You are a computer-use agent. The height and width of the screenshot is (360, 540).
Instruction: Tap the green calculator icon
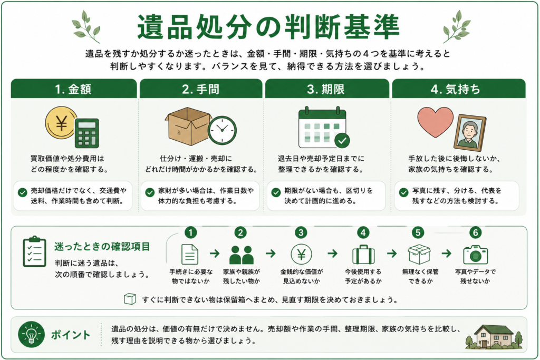click(87, 133)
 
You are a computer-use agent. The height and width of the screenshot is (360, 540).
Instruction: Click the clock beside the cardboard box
click(222, 130)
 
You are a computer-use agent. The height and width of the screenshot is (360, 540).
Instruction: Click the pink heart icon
click(435, 122)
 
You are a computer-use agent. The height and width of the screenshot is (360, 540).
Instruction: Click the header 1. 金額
click(73, 89)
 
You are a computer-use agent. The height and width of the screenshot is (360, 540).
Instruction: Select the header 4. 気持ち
click(455, 89)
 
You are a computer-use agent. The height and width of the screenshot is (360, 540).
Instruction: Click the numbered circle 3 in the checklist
click(301, 232)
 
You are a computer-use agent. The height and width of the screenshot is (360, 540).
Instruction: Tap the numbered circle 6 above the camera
click(475, 232)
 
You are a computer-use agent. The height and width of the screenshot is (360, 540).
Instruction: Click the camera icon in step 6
click(475, 255)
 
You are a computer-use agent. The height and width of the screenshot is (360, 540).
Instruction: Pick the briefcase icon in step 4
click(363, 255)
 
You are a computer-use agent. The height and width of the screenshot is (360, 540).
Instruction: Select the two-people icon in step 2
click(242, 255)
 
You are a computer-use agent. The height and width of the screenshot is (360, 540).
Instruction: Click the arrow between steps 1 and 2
click(215, 254)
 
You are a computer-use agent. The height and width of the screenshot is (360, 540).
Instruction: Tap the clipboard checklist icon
click(34, 251)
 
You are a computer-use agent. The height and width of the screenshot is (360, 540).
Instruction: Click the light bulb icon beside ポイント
click(31, 335)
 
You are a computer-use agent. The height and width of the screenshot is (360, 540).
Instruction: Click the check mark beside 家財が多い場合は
click(150, 192)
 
